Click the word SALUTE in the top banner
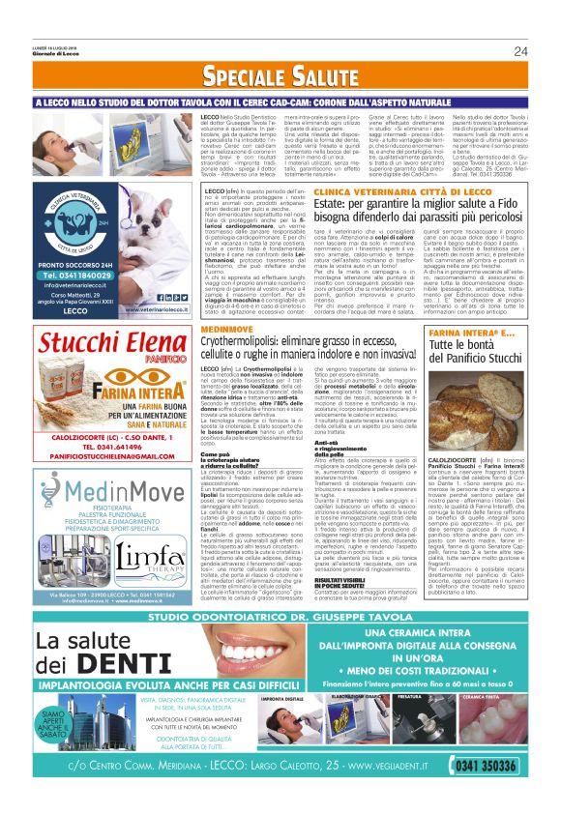[x=315, y=76]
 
